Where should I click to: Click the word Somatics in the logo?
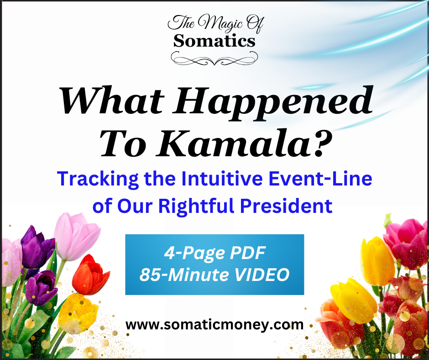coord(214,41)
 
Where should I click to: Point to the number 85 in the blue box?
coord(150,275)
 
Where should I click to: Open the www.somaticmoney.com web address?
coord(214,325)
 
